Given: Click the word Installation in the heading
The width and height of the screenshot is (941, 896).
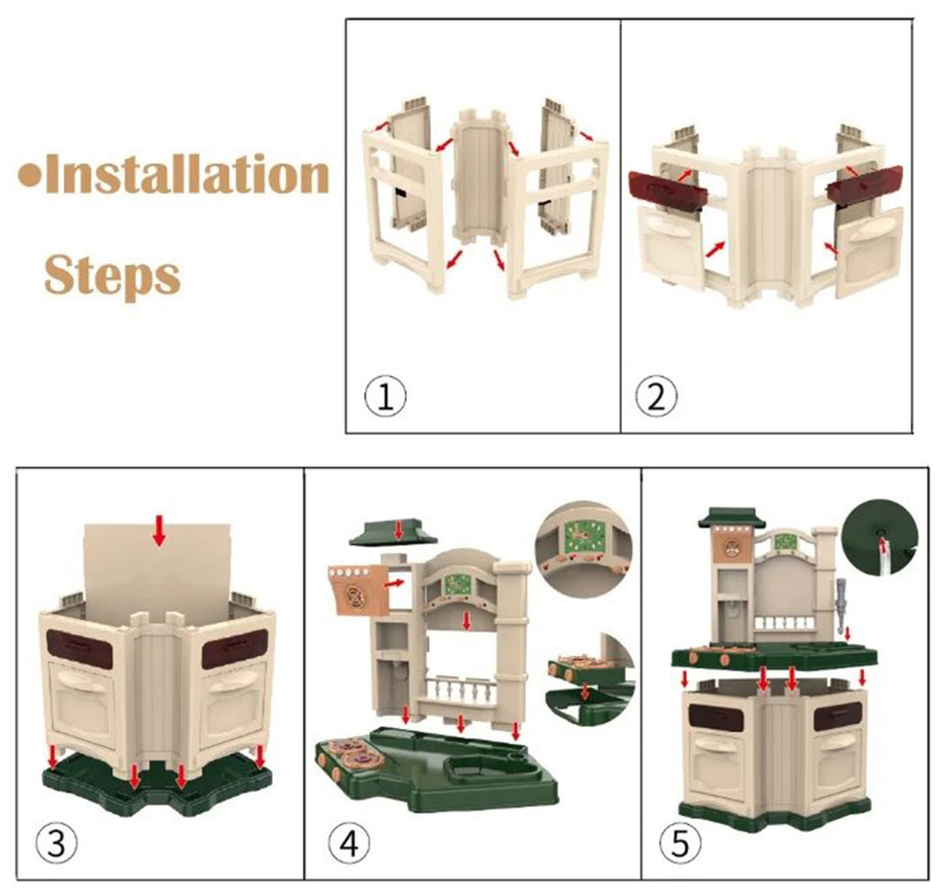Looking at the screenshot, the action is (187, 174).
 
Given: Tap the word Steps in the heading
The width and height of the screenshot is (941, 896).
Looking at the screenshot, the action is (112, 274).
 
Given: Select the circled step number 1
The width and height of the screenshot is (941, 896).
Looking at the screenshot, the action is (385, 395).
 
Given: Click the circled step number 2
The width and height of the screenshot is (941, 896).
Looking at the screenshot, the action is (656, 395).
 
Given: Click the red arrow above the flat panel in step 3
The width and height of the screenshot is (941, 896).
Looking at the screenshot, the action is (159, 530).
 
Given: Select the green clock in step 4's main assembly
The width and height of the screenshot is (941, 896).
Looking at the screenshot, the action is (460, 585).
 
